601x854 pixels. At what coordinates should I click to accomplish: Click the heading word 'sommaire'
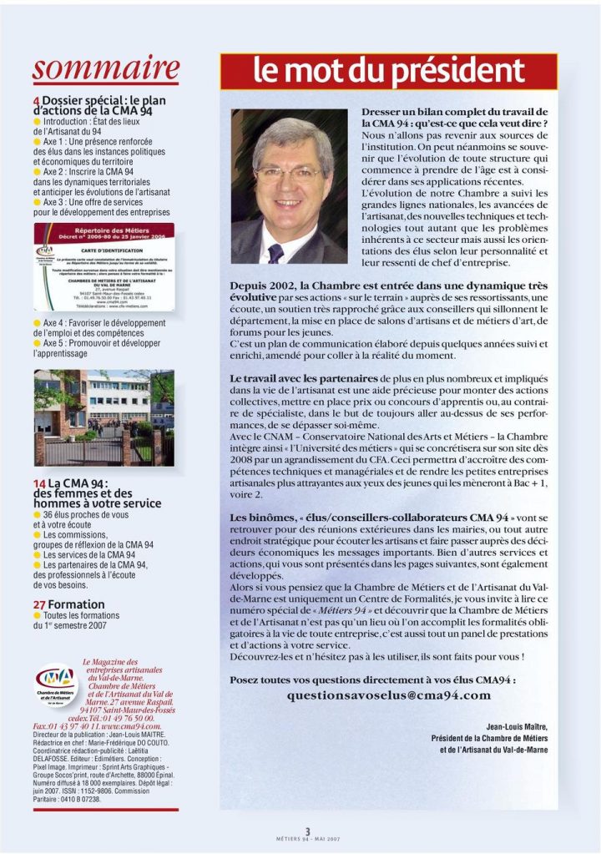[106, 68]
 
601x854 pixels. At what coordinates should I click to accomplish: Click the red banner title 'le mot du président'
[388, 72]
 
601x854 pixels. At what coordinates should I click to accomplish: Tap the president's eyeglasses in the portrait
[288, 174]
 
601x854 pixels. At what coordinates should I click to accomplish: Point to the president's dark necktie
[275, 253]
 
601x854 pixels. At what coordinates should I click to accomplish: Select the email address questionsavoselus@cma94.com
[389, 695]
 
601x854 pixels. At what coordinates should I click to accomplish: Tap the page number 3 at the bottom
[307, 831]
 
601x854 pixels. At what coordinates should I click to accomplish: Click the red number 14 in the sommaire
[38, 483]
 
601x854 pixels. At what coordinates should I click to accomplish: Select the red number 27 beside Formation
[38, 604]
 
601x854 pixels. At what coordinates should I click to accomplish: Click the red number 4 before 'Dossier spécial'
[36, 102]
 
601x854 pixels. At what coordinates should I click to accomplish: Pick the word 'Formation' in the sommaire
[77, 604]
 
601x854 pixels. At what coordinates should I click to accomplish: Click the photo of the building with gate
[104, 417]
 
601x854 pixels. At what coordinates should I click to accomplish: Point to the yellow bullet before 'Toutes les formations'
[37, 616]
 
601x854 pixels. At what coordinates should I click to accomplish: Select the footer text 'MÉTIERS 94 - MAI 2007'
[307, 839]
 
